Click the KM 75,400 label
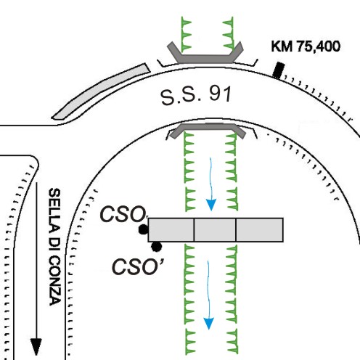[306, 46]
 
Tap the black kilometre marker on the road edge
[278, 70]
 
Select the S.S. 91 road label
[196, 96]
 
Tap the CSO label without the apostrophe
[122, 214]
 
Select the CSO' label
[138, 266]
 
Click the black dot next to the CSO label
[143, 229]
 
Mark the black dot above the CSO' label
[156, 247]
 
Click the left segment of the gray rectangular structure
[171, 230]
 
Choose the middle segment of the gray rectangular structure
[215, 230]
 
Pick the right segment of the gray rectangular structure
[260, 230]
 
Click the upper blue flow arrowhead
[210, 205]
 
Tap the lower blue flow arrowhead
[208, 324]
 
